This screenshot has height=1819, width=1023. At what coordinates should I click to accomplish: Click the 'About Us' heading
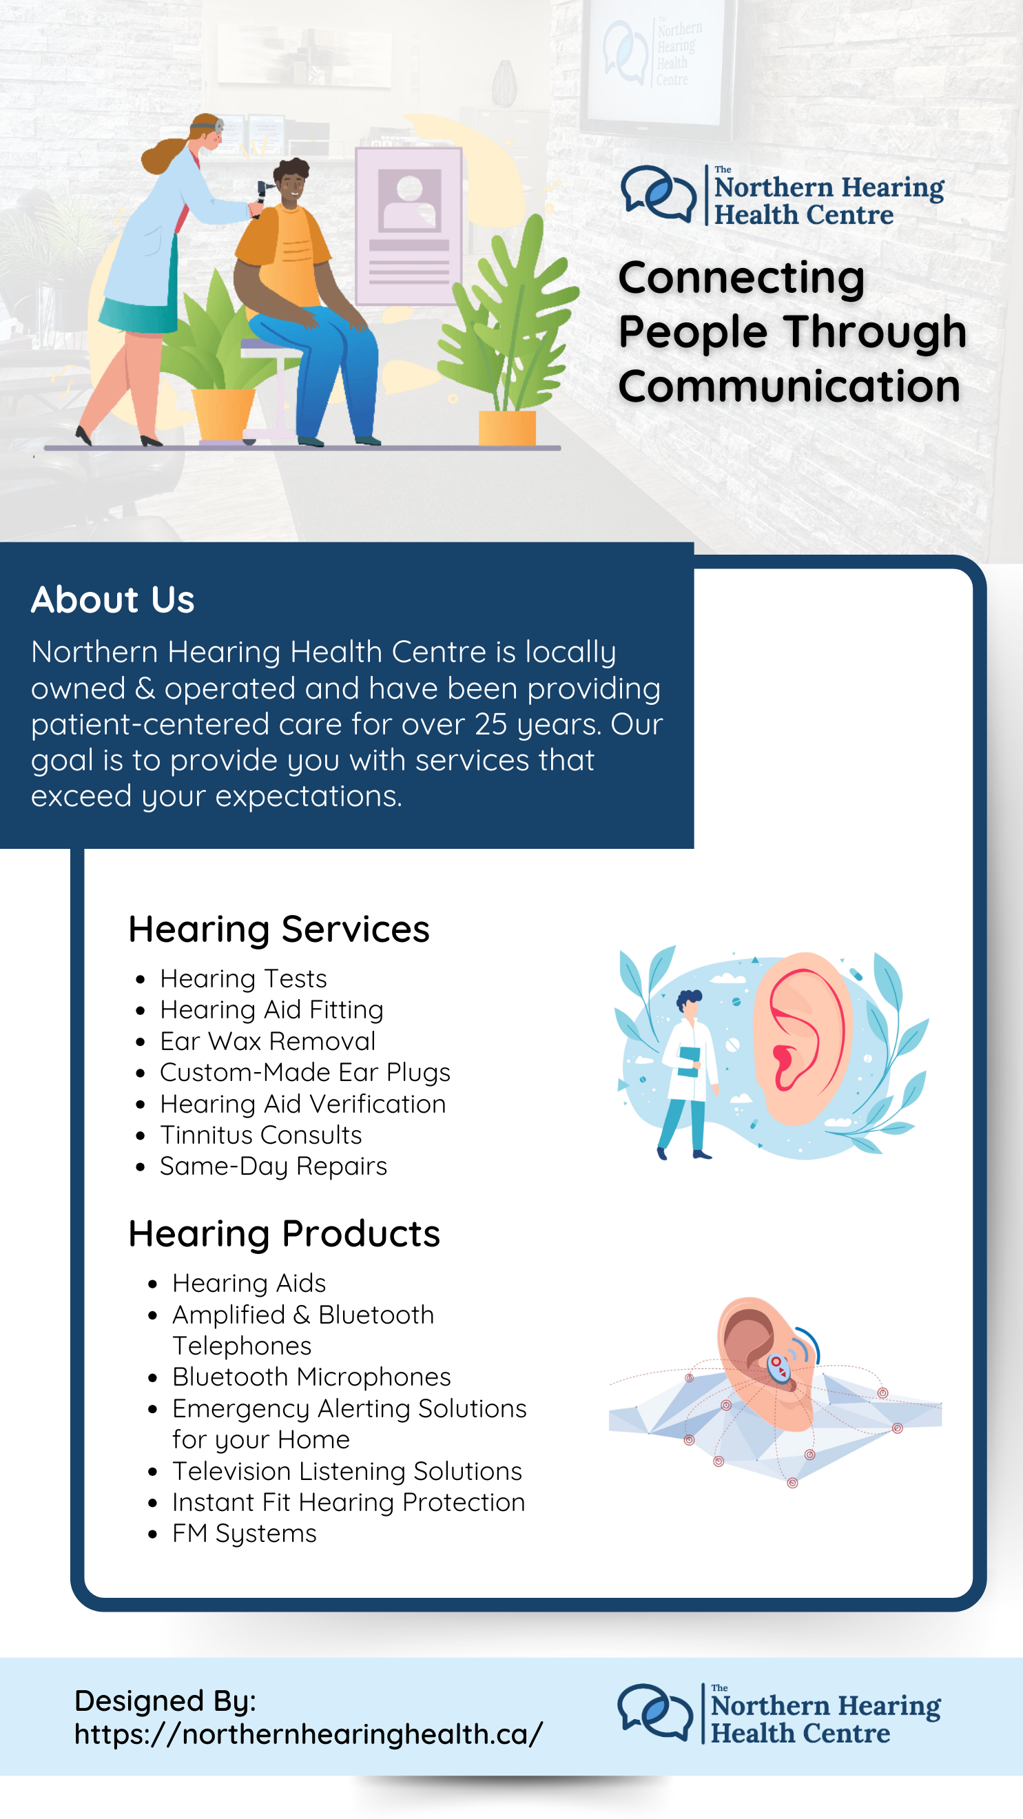(x=112, y=599)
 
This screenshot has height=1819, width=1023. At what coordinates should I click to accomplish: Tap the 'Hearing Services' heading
(x=279, y=929)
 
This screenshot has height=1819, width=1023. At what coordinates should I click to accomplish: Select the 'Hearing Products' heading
(x=284, y=1233)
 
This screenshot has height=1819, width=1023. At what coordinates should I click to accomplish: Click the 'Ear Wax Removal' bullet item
(x=267, y=1041)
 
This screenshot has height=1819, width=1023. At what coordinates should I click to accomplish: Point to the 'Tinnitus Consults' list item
(x=260, y=1135)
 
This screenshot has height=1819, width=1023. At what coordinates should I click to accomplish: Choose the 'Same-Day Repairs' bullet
(x=273, y=1167)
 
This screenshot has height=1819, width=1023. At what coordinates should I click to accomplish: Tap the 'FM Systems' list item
(x=245, y=1534)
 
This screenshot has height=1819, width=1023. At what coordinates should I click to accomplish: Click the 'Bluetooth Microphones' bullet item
(x=311, y=1377)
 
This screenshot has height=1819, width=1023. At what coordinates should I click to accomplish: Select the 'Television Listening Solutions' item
(x=347, y=1471)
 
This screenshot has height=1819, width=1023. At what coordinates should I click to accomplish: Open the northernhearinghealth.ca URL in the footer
(x=309, y=1734)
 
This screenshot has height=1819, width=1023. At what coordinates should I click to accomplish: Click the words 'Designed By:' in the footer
(x=165, y=1701)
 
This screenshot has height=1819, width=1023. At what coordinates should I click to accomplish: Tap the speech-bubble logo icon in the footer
(x=655, y=1712)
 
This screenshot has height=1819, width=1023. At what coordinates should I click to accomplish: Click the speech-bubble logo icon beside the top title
(x=659, y=194)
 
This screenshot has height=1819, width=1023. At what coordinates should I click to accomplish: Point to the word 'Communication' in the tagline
(x=789, y=387)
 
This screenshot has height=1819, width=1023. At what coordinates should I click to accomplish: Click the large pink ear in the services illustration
(x=801, y=1038)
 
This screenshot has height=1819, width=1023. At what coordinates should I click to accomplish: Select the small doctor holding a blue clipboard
(x=687, y=1074)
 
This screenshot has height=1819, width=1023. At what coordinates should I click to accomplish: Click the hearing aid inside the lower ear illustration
(x=778, y=1368)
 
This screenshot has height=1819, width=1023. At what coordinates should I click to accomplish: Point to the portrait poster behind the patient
(x=409, y=226)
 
